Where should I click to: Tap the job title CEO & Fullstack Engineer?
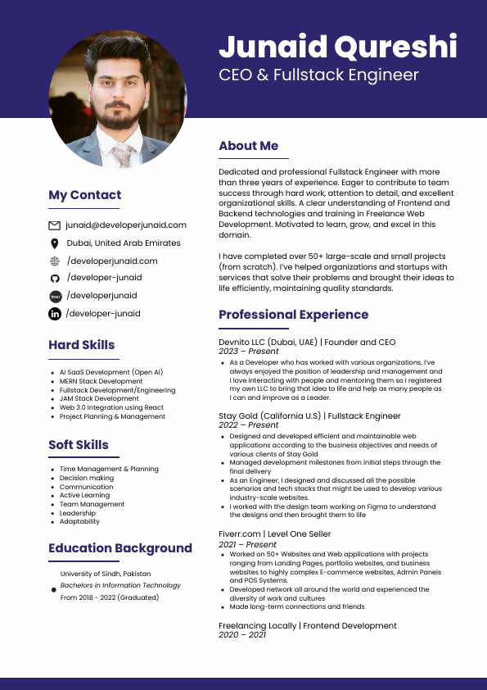tap(318, 75)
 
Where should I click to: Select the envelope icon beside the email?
tap(55, 225)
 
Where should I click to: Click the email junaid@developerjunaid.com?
tap(126, 225)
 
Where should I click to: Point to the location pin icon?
tap(55, 243)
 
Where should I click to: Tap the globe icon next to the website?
tap(55, 261)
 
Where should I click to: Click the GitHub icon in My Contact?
tap(55, 279)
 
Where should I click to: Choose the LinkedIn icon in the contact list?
tap(55, 314)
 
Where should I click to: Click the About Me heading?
tap(248, 146)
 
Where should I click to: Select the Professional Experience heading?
tap(293, 315)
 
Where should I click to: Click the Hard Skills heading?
tap(81, 345)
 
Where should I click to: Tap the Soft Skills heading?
tap(78, 445)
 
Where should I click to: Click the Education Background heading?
tap(119, 548)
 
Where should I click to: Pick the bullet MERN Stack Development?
tap(101, 381)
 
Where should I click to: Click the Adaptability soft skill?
tap(79, 521)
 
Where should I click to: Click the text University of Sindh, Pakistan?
tap(106, 574)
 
